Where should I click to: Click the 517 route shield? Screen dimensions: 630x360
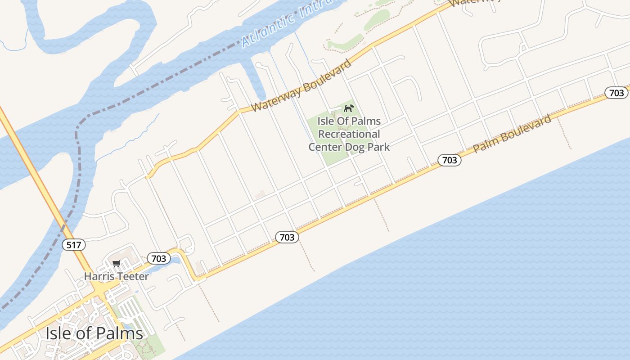click(x=73, y=245)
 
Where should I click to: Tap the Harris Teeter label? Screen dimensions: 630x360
click(x=116, y=276)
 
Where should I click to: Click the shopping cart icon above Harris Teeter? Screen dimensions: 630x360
click(x=117, y=263)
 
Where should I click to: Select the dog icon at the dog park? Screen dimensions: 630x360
click(x=349, y=108)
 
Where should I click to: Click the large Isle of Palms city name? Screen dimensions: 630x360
click(x=94, y=333)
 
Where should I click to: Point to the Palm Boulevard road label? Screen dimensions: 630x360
click(x=512, y=134)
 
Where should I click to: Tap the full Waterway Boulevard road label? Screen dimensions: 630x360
click(x=301, y=85)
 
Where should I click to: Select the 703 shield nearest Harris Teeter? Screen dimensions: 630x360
click(x=159, y=258)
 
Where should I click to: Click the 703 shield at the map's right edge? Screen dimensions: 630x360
click(x=616, y=93)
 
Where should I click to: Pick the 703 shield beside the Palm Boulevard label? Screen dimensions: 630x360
click(x=450, y=160)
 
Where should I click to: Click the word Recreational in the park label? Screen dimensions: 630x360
click(x=350, y=134)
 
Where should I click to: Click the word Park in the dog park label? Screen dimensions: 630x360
click(x=379, y=147)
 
